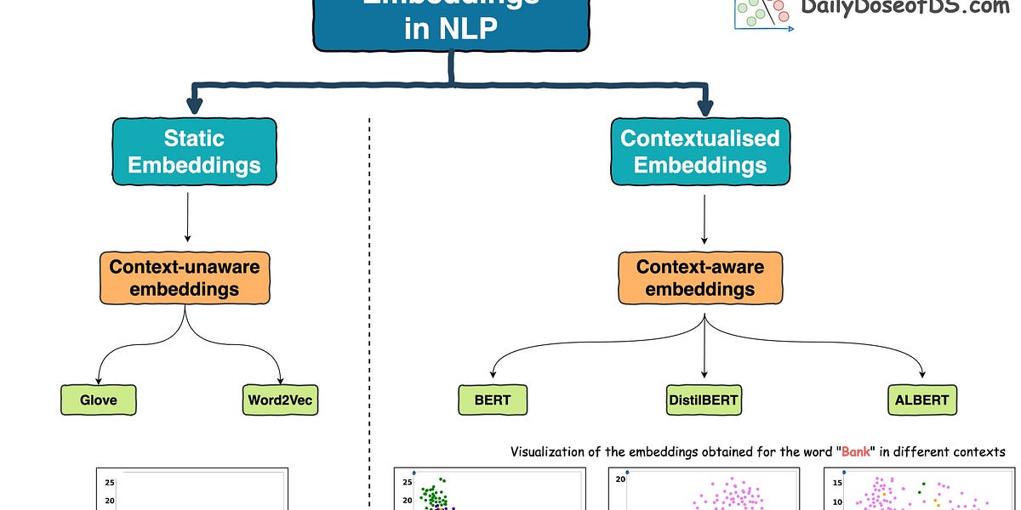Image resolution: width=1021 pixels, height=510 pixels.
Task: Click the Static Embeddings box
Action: [x=194, y=151]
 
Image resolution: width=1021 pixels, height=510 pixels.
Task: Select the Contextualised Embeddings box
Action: [x=699, y=151]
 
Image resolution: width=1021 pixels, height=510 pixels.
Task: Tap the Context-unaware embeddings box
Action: [x=185, y=278]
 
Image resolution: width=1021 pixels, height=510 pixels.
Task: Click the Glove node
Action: [x=100, y=399]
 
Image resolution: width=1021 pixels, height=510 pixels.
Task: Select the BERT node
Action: [x=492, y=399]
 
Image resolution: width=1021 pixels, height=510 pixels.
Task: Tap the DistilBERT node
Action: [x=703, y=399]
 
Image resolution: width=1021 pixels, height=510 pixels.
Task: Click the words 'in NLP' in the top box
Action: [x=450, y=31]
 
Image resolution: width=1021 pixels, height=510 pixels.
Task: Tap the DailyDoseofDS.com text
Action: [x=904, y=8]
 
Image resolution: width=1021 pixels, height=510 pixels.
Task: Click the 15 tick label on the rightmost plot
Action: [x=836, y=483]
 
